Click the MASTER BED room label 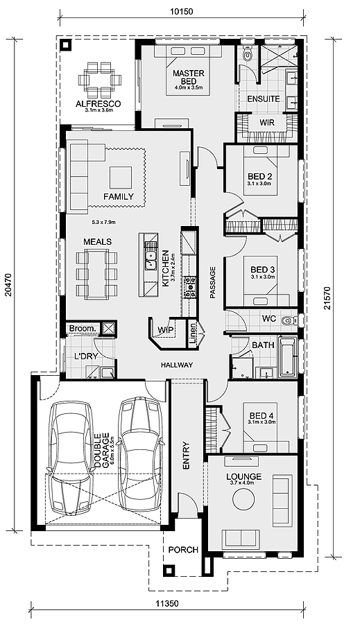pyautogui.click(x=189, y=77)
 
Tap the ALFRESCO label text pyautogui.click(x=98, y=104)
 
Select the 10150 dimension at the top pyautogui.click(x=181, y=12)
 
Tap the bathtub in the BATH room pyautogui.click(x=287, y=357)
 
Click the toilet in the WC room pyautogui.click(x=289, y=320)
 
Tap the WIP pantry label pyautogui.click(x=164, y=329)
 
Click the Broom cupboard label pyautogui.click(x=83, y=329)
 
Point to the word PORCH pyautogui.click(x=183, y=550)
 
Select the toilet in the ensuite pyautogui.click(x=248, y=53)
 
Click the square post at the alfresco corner pyautogui.click(x=66, y=44)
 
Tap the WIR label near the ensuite pyautogui.click(x=267, y=122)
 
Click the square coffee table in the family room pyautogui.click(x=121, y=177)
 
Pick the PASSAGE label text pyautogui.click(x=212, y=282)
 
